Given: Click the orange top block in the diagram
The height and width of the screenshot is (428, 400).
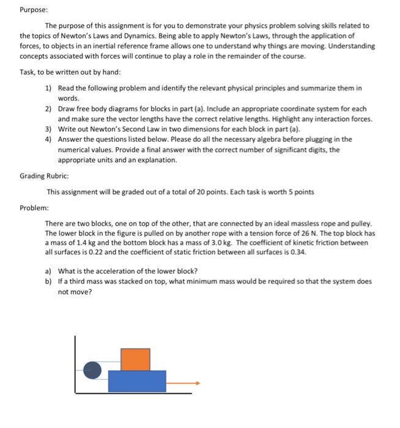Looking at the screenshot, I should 135,359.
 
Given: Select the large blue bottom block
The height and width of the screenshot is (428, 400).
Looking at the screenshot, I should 136,381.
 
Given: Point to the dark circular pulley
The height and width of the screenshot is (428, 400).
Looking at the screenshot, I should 92,369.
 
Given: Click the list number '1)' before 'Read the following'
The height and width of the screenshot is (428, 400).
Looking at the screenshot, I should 49,88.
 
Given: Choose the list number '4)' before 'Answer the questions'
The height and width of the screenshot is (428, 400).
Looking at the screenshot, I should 49,139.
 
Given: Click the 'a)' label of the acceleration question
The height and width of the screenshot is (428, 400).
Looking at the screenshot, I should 49,271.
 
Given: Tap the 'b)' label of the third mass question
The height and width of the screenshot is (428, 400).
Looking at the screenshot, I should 49,281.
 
